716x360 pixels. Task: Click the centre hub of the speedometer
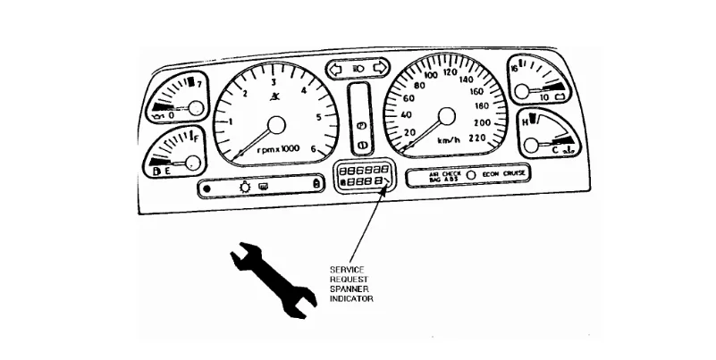446,114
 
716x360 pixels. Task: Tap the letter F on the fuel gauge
195,138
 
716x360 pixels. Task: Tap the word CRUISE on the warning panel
510,173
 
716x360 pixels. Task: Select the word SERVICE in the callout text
345,269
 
